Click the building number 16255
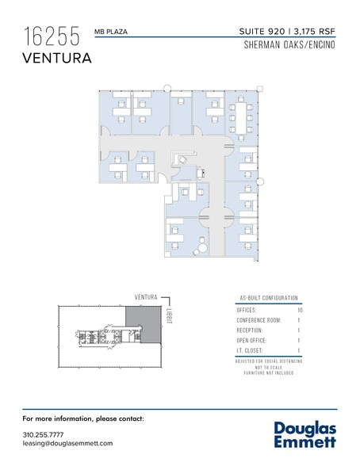(52, 36)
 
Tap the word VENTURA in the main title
(57, 58)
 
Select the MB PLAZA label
(111, 32)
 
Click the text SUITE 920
(262, 31)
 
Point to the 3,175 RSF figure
(315, 32)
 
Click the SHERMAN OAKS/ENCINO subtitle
(289, 45)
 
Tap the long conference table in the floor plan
(241, 117)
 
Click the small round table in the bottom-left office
(203, 247)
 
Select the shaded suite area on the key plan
(144, 324)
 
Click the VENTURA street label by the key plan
(146, 297)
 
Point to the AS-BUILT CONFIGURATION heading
(269, 298)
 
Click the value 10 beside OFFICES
(300, 311)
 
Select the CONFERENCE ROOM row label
(259, 320)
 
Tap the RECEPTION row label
(250, 330)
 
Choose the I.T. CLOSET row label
(250, 350)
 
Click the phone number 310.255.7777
(43, 435)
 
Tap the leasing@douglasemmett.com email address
(67, 444)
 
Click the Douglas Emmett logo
(305, 434)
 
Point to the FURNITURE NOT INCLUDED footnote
(269, 373)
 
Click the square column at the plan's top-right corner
(260, 89)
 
